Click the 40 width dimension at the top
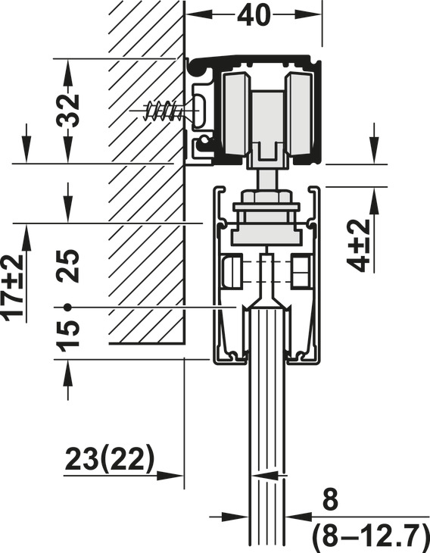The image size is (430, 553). click(254, 15)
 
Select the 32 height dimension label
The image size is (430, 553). click(68, 111)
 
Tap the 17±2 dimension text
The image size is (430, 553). click(13, 287)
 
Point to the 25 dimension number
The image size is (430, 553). click(68, 266)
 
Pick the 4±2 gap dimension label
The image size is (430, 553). click(359, 245)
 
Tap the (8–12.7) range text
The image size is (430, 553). click(370, 535)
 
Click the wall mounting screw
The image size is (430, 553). click(164, 111)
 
